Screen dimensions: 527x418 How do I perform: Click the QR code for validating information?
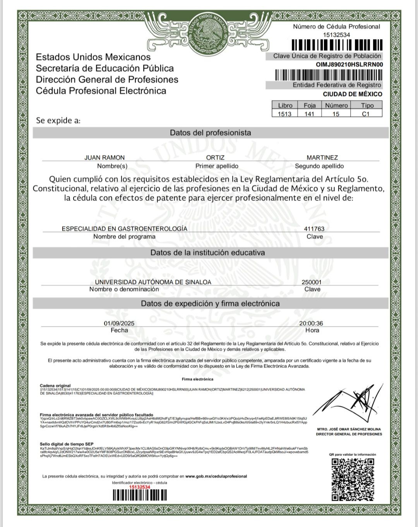[353, 479]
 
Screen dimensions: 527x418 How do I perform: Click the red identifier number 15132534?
[139, 487]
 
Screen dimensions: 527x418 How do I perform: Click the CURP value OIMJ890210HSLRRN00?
[349, 64]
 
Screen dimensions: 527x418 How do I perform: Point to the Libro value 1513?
[285, 114]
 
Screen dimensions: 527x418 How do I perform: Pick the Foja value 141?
[310, 114]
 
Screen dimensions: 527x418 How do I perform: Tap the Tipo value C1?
[366, 114]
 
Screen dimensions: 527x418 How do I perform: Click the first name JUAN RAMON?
[104, 157]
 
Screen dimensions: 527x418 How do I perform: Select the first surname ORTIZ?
[215, 157]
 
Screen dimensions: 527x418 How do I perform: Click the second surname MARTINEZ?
[322, 157]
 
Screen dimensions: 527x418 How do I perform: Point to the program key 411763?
[314, 229]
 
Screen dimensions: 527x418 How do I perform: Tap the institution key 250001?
[312, 282]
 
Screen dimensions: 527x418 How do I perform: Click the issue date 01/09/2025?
[119, 323]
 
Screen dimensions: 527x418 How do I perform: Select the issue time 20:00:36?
[311, 323]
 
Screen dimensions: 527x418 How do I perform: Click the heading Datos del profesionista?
[211, 133]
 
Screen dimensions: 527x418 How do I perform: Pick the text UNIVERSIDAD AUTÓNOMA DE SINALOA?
[153, 282]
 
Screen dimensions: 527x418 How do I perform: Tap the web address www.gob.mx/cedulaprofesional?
[216, 476]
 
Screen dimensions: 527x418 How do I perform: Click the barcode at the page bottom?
[139, 496]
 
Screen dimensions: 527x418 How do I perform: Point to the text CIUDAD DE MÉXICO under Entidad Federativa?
[352, 94]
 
